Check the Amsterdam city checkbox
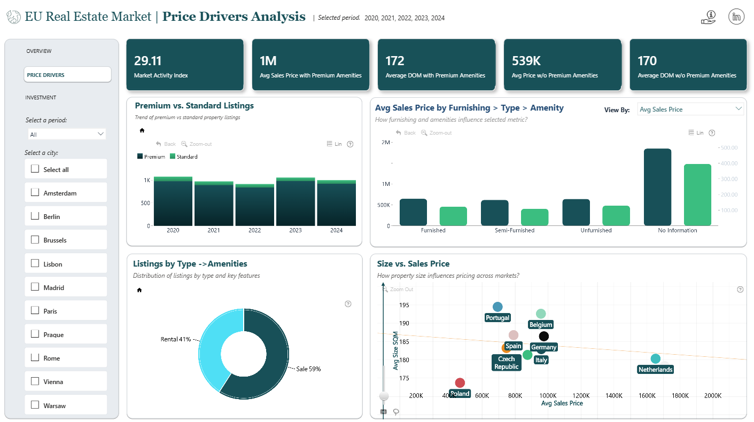35,192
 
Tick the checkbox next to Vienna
35,381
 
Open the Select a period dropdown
67,134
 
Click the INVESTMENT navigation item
41,98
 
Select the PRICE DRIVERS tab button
67,75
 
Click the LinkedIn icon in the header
736,17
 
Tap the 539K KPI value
526,61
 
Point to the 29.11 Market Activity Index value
148,61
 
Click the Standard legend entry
184,157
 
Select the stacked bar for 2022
255,205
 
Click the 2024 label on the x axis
336,230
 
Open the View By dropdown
690,110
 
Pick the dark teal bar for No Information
657,187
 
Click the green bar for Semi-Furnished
534,217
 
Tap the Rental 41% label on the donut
176,339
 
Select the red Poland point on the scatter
460,382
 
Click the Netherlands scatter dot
655,359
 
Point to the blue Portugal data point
498,307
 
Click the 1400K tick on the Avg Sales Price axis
614,396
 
